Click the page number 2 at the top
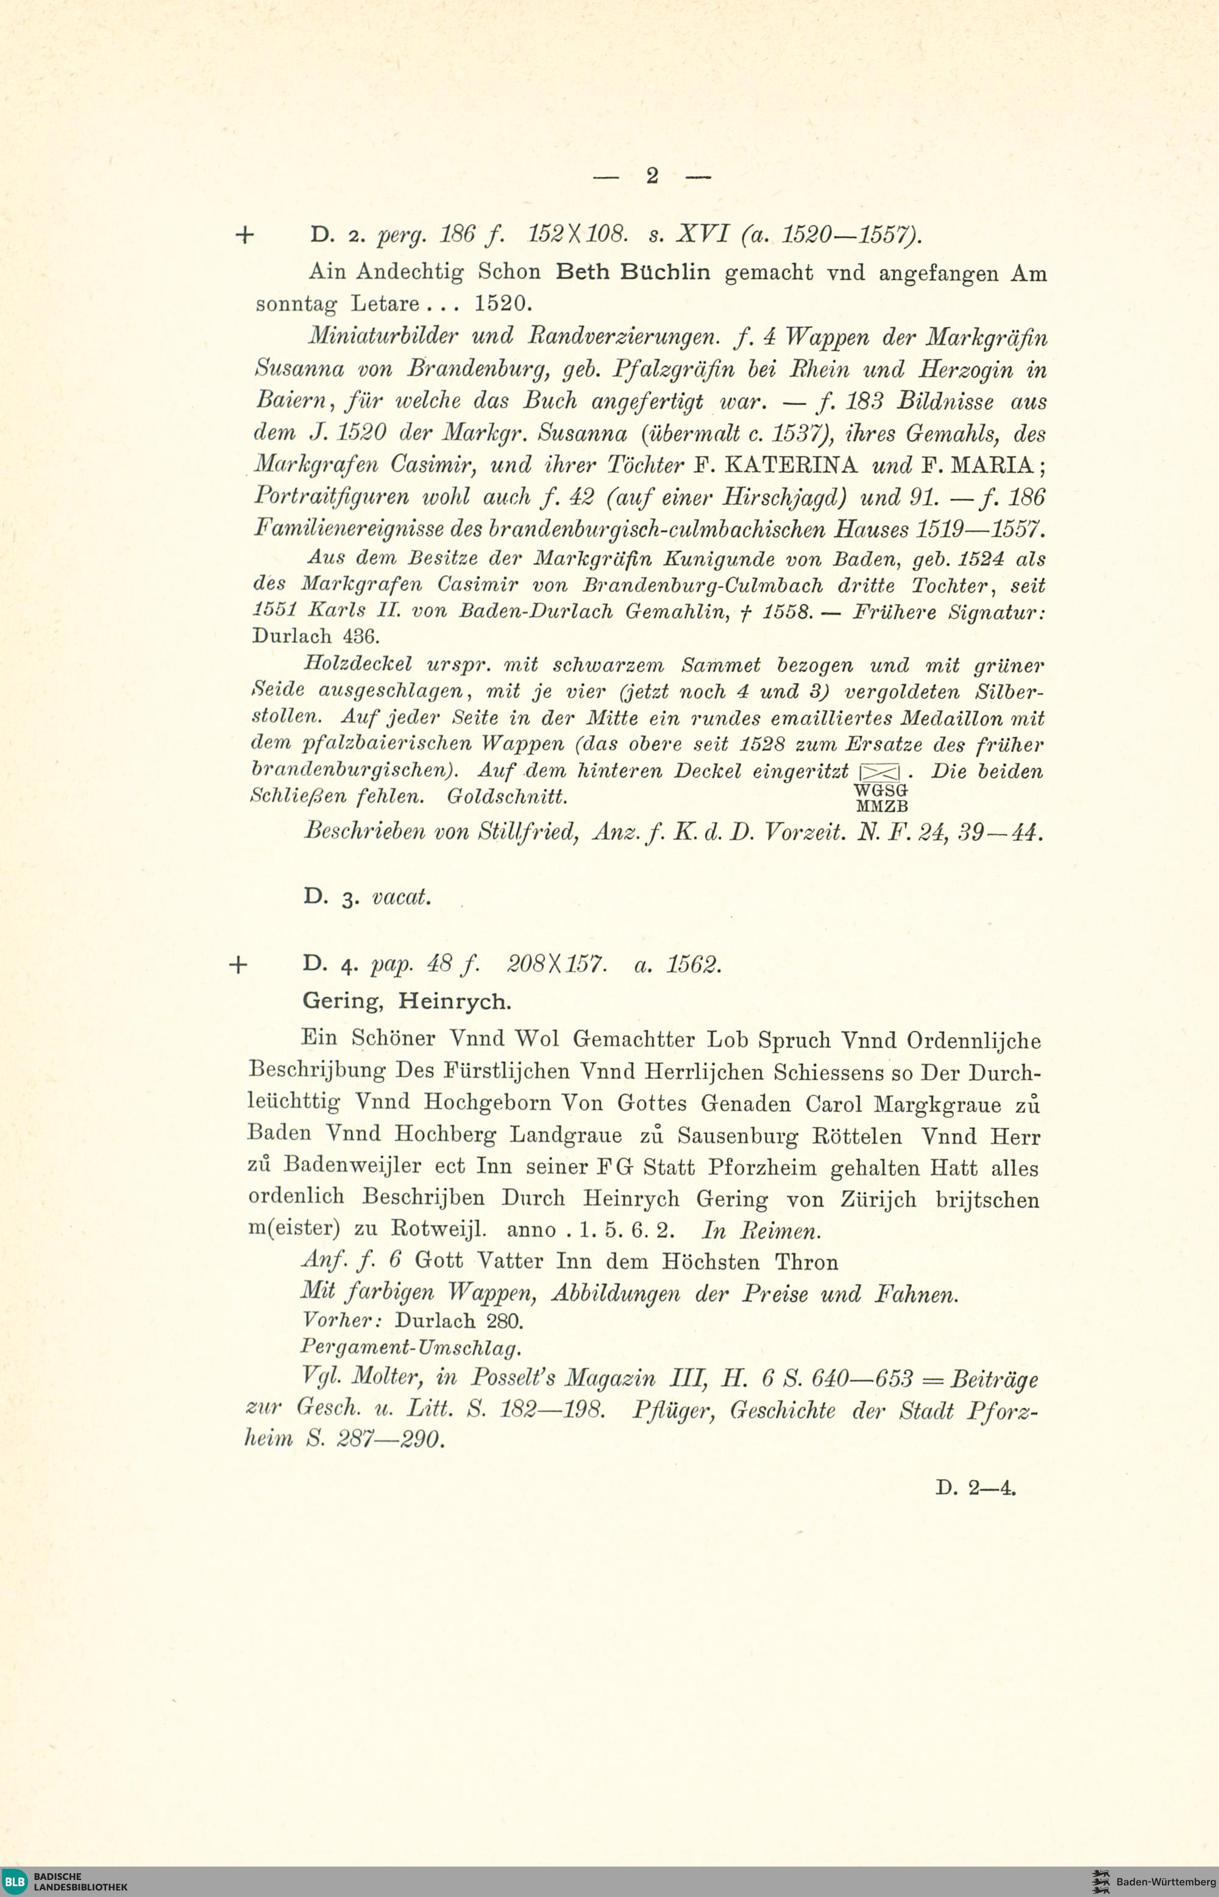point(652,176)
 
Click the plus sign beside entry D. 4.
point(238,965)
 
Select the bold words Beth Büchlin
point(633,272)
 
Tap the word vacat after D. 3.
point(401,896)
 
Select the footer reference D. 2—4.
point(975,1488)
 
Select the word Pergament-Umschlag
point(411,1347)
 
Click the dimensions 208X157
point(556,965)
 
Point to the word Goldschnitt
point(507,796)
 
